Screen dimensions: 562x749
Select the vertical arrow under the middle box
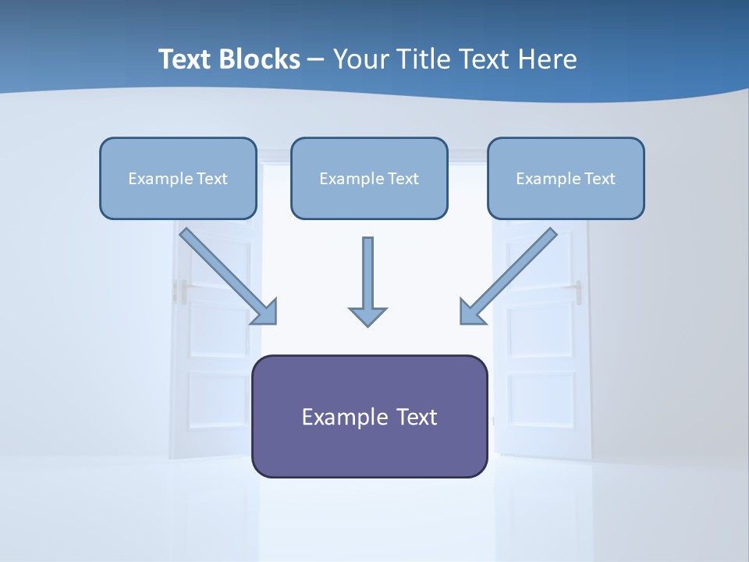pos(367,273)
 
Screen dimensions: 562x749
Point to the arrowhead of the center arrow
pos(367,316)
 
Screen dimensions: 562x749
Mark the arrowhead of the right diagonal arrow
pos(471,312)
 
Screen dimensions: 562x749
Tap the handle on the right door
pos(578,290)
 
